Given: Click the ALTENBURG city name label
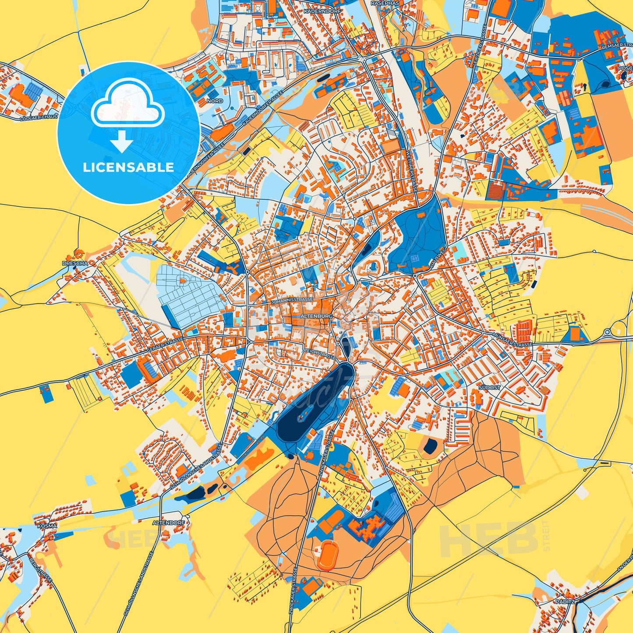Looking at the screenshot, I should point(317,315).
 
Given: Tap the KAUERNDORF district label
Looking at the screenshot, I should point(318,10).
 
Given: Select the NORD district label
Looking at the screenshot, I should point(215,101).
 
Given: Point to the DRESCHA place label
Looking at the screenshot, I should point(75,263).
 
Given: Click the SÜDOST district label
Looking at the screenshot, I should point(489,388).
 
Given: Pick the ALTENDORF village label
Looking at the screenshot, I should point(169,523).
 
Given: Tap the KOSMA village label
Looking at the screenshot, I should point(47,526).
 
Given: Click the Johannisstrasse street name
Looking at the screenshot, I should point(292,301).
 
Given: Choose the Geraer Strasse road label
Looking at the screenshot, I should point(165,345).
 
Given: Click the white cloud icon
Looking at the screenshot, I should point(127,107).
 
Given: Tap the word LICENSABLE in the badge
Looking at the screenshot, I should point(128,167).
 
